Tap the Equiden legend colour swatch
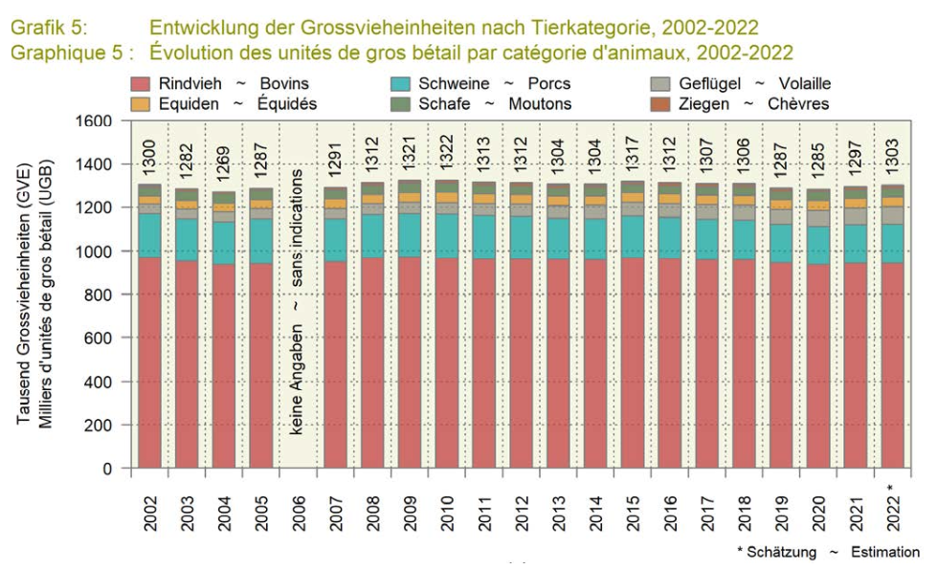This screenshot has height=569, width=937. click(x=139, y=104)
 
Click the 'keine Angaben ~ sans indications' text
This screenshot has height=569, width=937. click(x=298, y=301)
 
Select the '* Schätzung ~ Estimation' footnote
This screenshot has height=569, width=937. click(x=828, y=552)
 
